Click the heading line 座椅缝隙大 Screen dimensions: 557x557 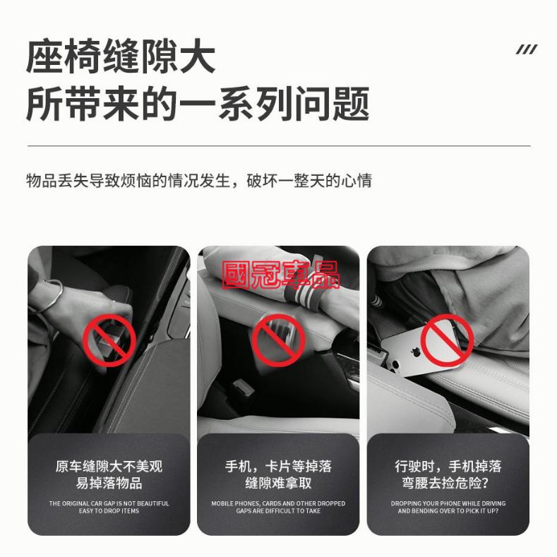coord(121,56)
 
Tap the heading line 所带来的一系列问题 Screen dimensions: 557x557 coord(198,103)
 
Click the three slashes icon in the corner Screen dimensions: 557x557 coord(527,49)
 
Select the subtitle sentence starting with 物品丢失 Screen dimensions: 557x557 coord(199,181)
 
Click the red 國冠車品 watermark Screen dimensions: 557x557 coord(281,275)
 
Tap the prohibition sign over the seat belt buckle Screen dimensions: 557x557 coord(109,340)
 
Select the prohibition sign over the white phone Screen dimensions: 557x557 coord(448,340)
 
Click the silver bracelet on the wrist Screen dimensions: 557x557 coord(52,297)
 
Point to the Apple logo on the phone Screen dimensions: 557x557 coord(414,352)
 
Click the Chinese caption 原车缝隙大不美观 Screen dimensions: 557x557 coord(109,467)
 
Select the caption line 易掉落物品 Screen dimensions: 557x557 coord(109,483)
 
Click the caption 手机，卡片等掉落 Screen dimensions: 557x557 coord(278,467)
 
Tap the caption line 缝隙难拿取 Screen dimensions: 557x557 coord(278,483)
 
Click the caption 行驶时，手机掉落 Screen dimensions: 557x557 coord(448,467)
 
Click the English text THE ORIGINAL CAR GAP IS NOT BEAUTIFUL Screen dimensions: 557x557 coord(109,503)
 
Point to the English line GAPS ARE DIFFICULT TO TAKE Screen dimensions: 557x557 coord(278,511)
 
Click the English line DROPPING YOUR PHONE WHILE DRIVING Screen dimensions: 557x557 coord(448,503)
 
